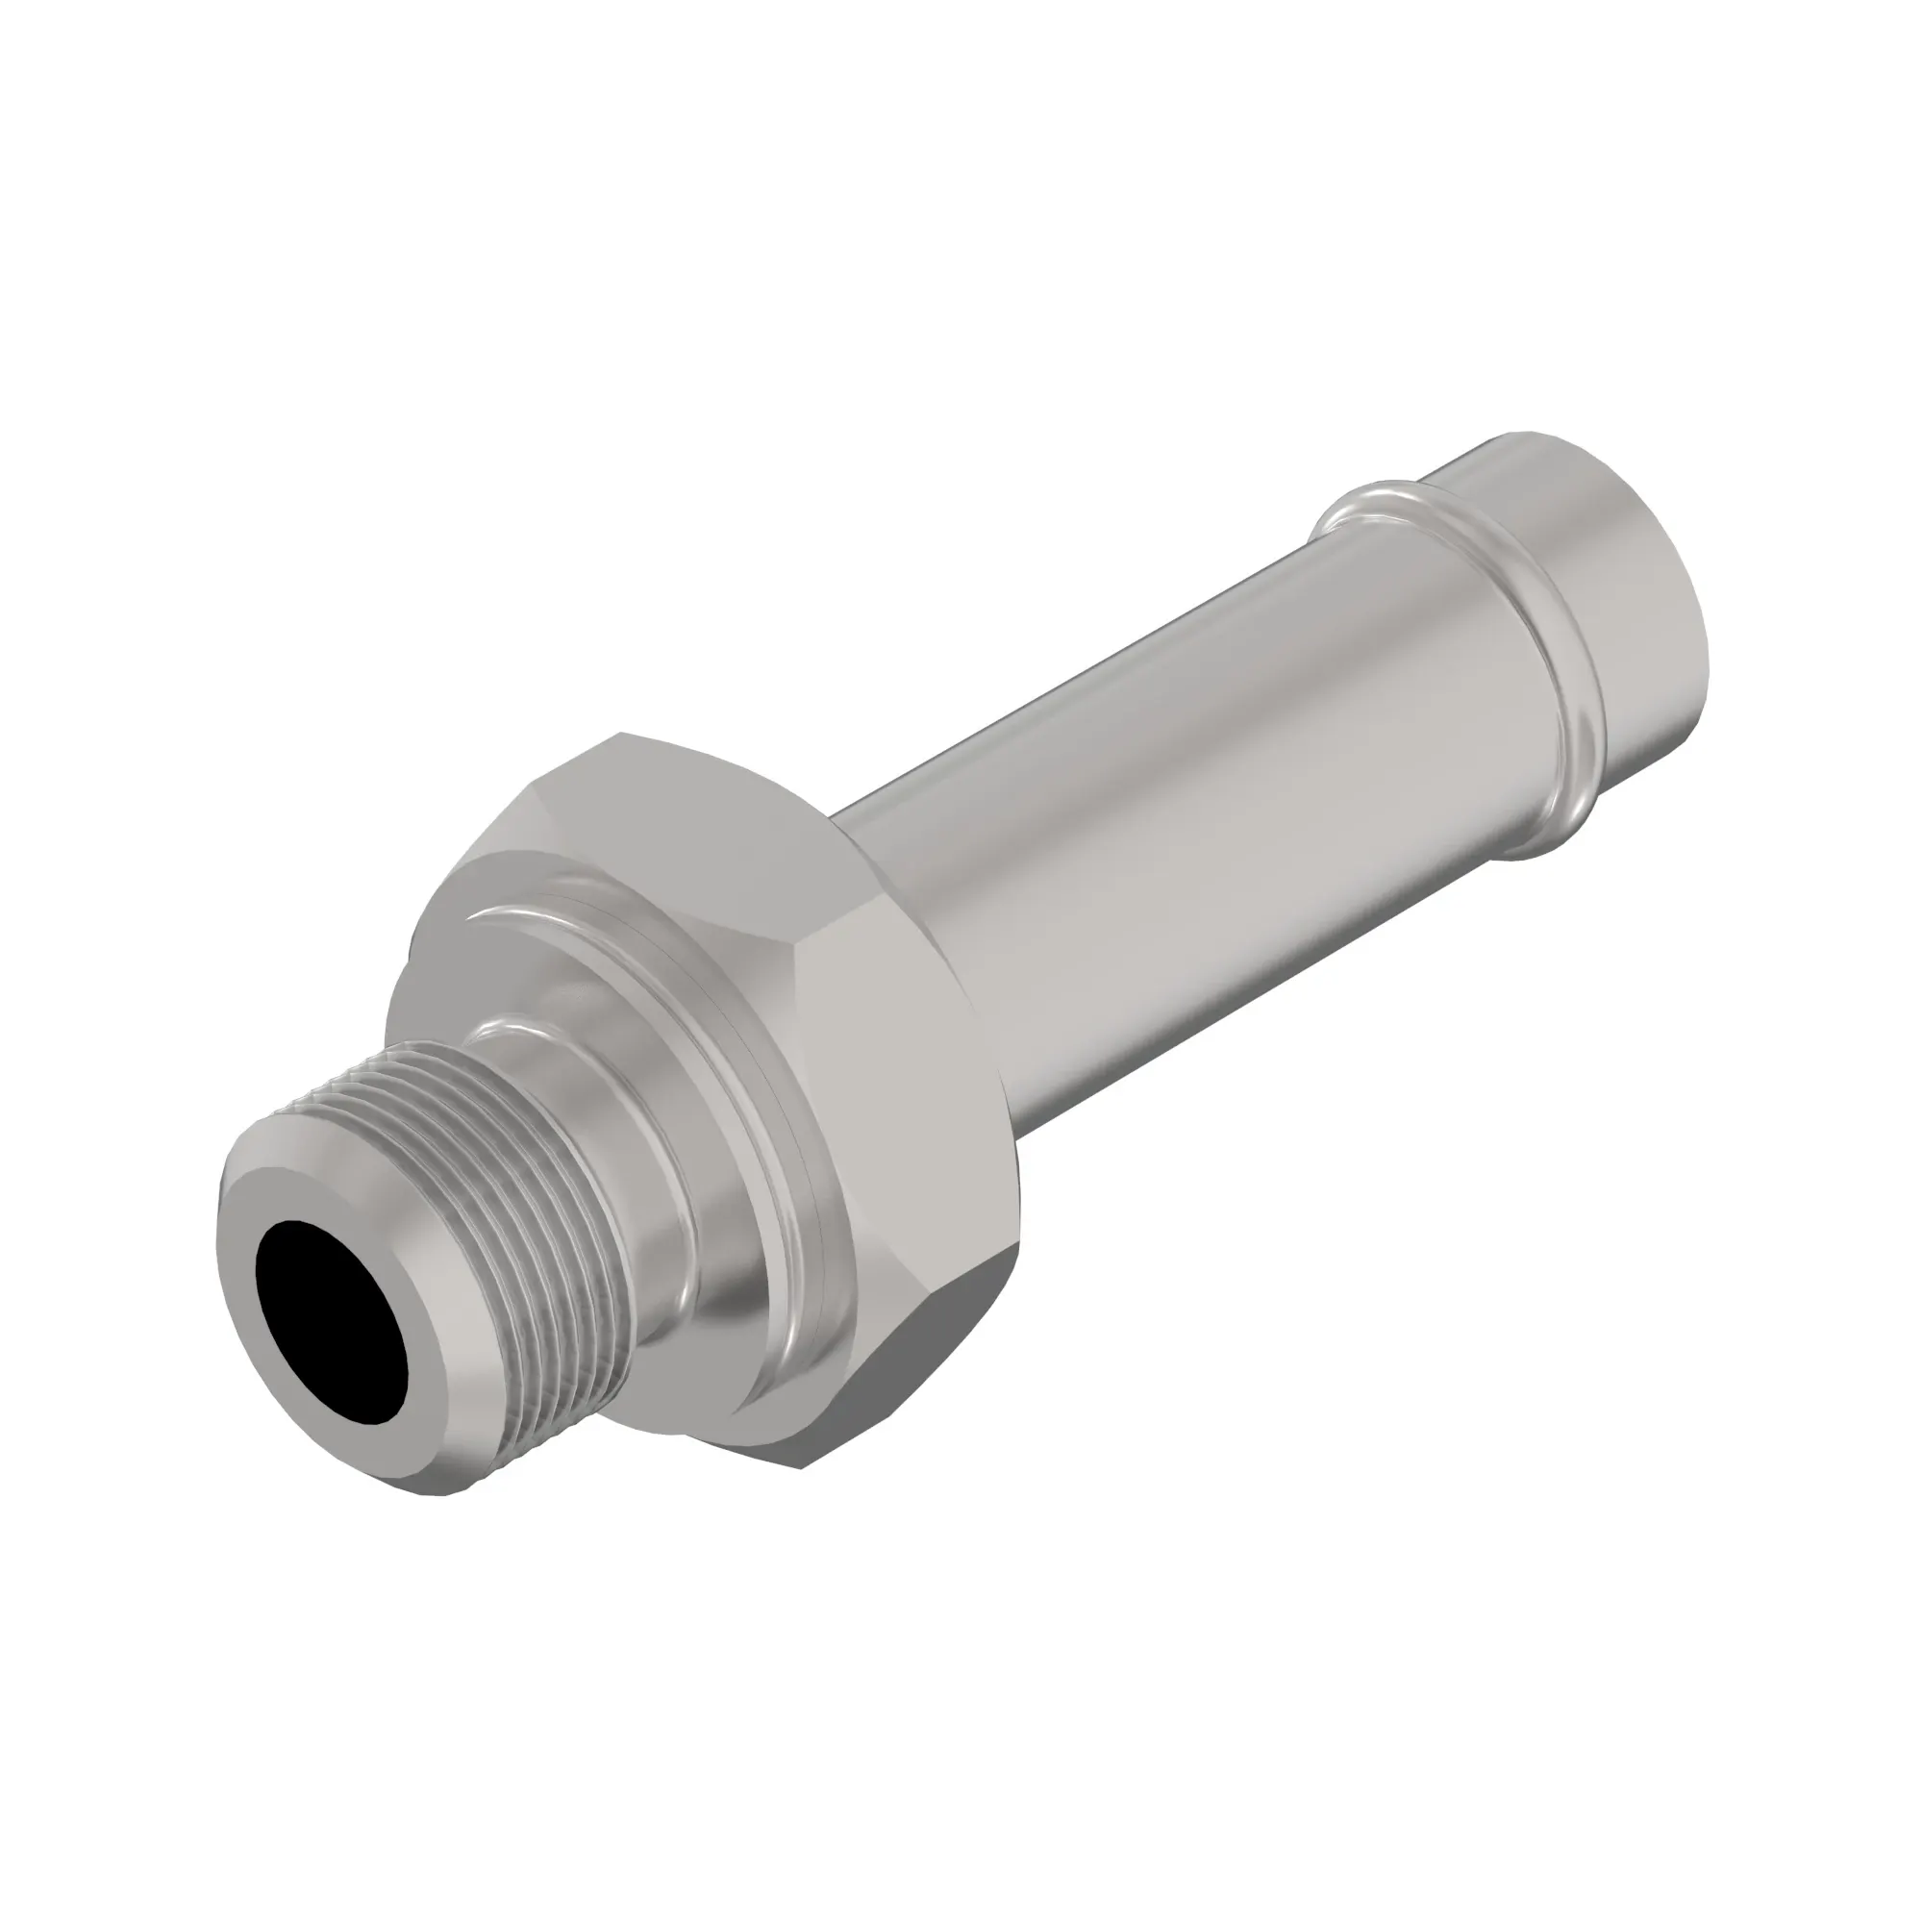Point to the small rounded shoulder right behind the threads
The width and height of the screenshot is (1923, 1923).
pyautogui.click(x=517, y=1036)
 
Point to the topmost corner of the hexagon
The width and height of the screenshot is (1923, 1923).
pyautogui.click(x=621, y=735)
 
